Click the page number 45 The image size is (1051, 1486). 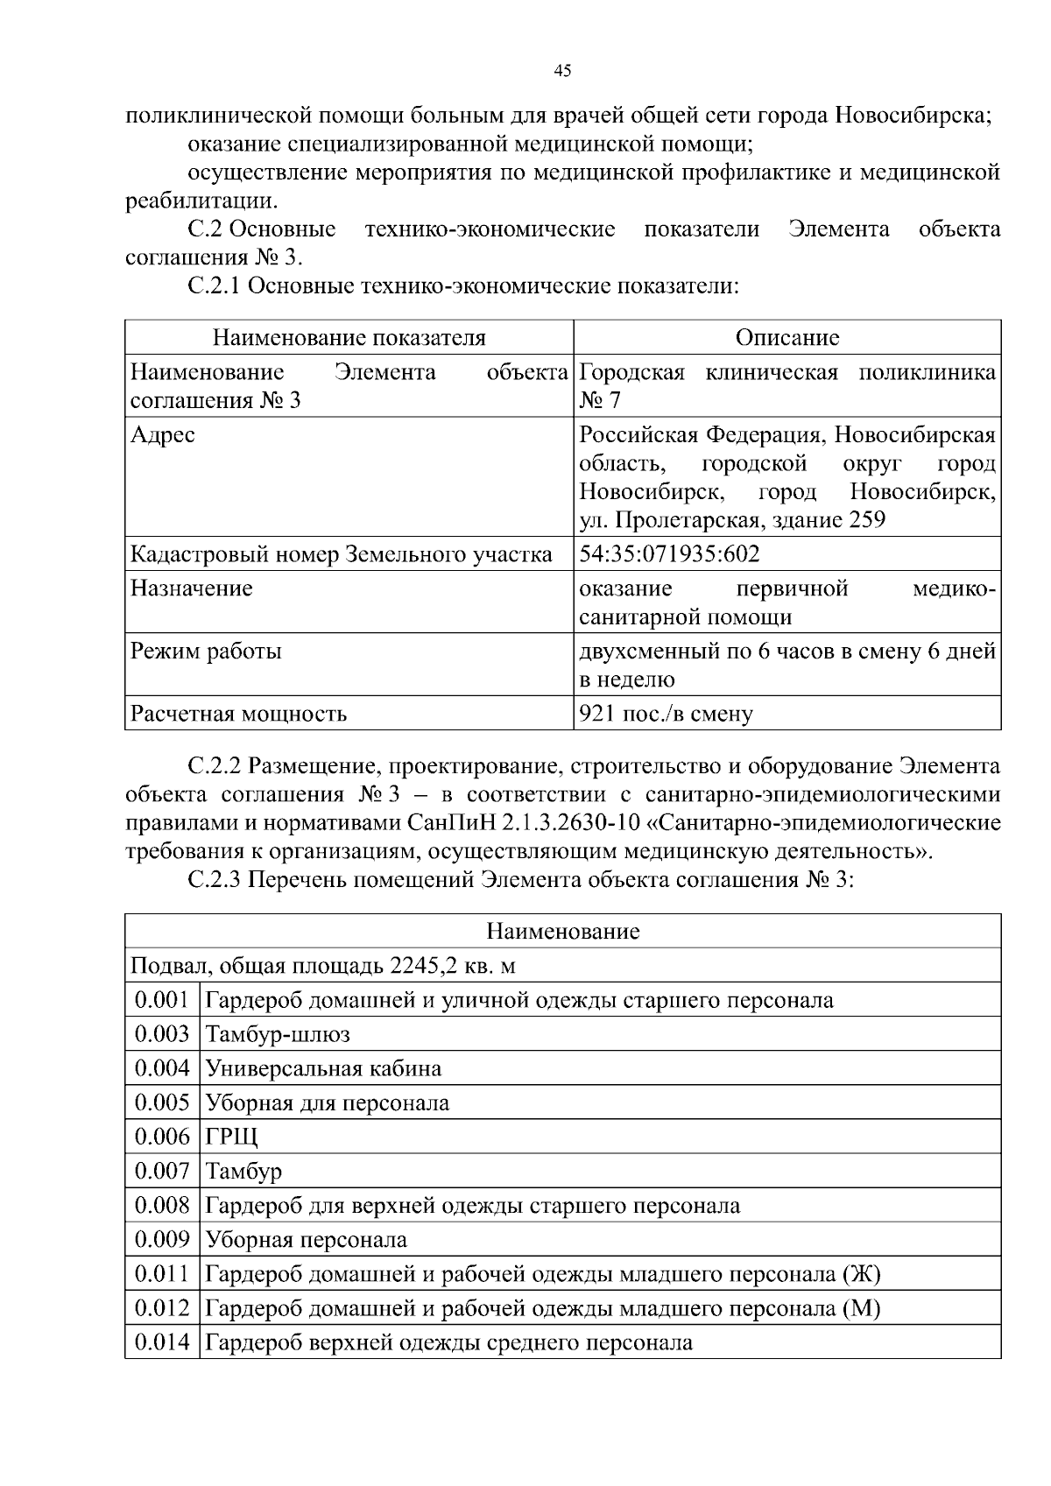[x=563, y=71]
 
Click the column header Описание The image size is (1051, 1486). [x=786, y=338]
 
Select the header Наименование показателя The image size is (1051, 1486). [x=349, y=338]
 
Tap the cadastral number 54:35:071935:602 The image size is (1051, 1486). [x=670, y=554]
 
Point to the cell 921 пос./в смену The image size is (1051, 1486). [x=666, y=714]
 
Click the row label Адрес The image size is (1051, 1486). [x=163, y=434]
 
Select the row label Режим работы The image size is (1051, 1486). [x=206, y=651]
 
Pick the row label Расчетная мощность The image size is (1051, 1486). [x=238, y=714]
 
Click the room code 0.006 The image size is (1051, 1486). [x=162, y=1137]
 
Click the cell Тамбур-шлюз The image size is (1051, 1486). [x=278, y=1034]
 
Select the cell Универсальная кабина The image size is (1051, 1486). [x=323, y=1068]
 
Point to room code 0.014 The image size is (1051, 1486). [x=162, y=1342]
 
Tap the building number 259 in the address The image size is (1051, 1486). [x=867, y=520]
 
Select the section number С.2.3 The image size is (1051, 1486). [x=215, y=880]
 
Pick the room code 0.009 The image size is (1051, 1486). [x=162, y=1240]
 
